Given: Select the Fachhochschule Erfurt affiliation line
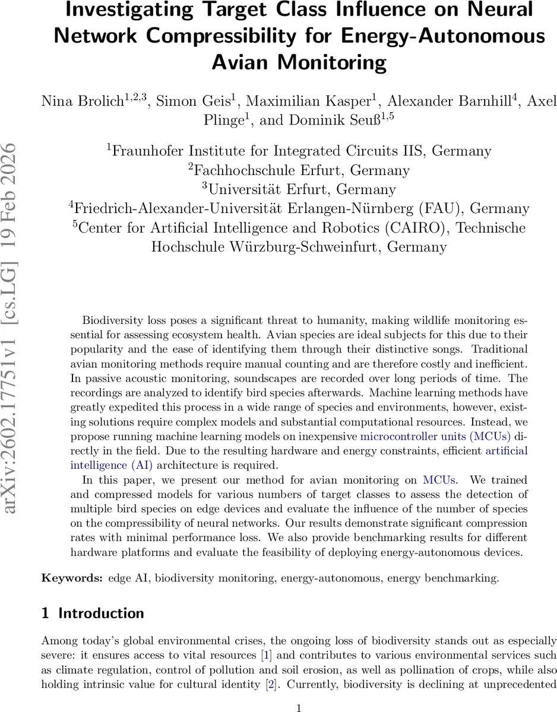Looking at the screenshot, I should pos(299,170).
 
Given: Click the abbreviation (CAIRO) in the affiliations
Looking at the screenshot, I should pos(420,228).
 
